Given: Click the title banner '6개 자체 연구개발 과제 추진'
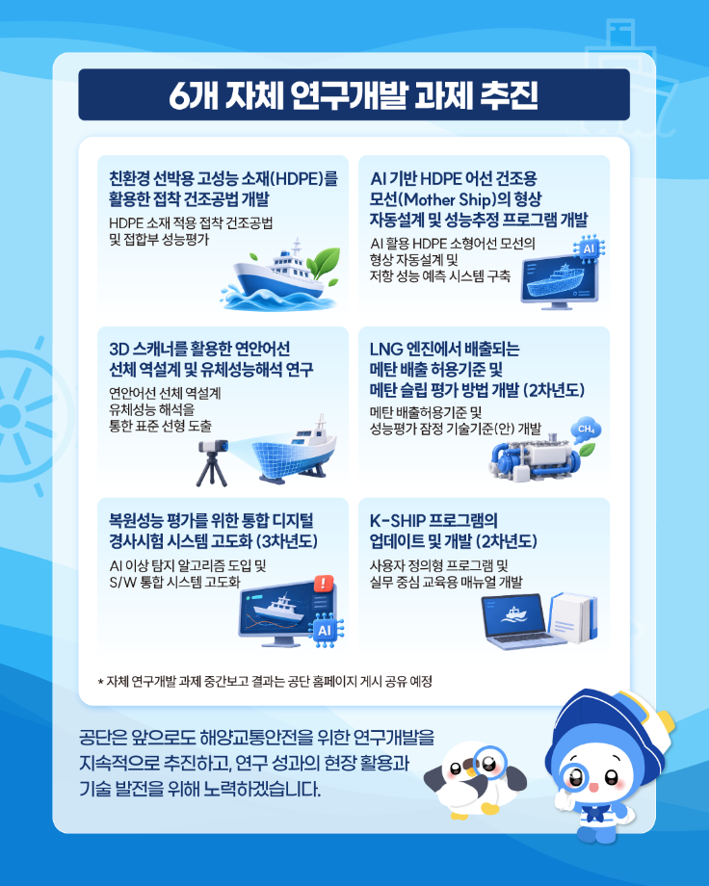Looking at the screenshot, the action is pyautogui.click(x=354, y=94).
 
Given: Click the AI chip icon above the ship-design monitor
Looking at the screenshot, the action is pyautogui.click(x=589, y=249).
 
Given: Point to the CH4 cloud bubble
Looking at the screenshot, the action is pyautogui.click(x=586, y=430).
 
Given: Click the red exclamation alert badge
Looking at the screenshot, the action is pyautogui.click(x=324, y=584).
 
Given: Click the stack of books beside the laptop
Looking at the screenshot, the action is pyautogui.click(x=573, y=617).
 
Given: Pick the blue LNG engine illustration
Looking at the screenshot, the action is pyautogui.click(x=535, y=458).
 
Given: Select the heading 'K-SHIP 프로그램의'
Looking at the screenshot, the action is pyautogui.click(x=433, y=520).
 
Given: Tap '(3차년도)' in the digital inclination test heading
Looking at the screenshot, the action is pyautogui.click(x=287, y=541).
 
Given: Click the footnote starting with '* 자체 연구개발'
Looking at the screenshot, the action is pyautogui.click(x=265, y=682).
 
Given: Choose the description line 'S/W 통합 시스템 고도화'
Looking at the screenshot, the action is pyautogui.click(x=174, y=582).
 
